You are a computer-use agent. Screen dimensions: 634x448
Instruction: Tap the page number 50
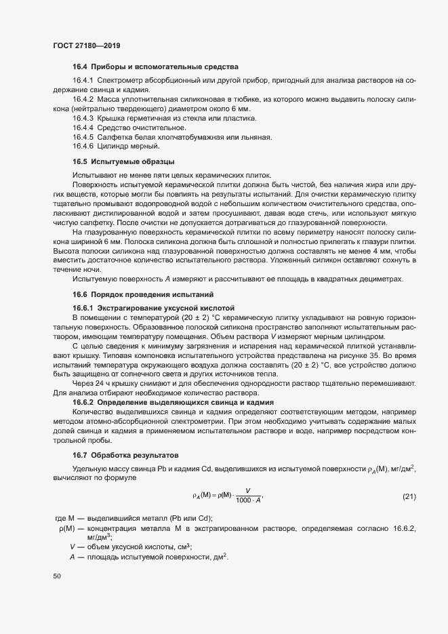[x=57, y=576]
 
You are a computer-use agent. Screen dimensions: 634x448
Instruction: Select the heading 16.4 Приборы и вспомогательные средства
[x=155, y=66]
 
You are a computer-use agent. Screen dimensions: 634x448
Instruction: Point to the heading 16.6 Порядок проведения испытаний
[x=142, y=294]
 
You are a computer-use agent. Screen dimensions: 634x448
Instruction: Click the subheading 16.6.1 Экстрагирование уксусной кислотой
[x=152, y=306]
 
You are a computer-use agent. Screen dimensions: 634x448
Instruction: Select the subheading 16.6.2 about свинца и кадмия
[x=173, y=402]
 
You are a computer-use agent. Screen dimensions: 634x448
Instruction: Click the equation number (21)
[x=409, y=497]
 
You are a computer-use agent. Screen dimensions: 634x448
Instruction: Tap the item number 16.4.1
[x=83, y=81]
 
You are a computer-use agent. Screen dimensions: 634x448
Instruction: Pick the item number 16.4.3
[x=83, y=118]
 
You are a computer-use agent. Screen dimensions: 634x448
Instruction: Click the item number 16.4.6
[x=83, y=146]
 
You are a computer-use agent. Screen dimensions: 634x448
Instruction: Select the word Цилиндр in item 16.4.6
[x=113, y=146]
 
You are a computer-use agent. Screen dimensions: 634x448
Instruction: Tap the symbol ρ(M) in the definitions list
[x=66, y=528]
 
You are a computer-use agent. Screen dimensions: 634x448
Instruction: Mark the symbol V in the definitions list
[x=72, y=547]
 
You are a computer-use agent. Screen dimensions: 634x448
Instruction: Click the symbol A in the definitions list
[x=72, y=557]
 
